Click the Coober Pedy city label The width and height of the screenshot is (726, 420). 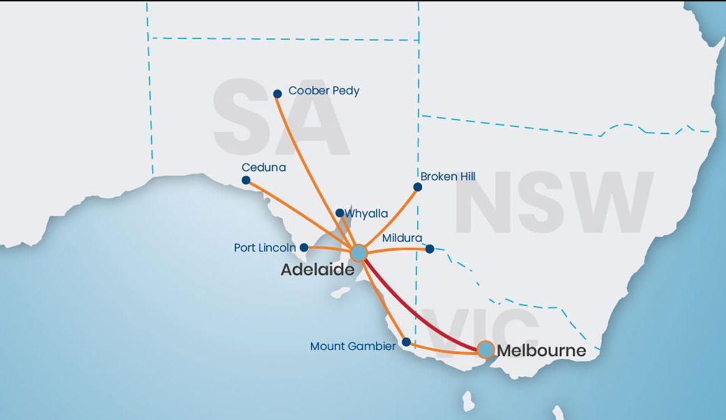323,90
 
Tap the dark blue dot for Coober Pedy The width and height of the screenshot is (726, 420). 278,94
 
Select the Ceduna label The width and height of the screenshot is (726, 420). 264,167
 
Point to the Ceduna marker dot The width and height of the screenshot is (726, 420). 246,180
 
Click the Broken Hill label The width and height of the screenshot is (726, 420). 448,176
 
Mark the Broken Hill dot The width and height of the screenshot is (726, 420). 417,187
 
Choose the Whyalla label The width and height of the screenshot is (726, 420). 366,213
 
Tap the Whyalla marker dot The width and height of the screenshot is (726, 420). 340,213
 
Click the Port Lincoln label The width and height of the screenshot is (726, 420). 265,247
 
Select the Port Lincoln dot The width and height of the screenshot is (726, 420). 304,247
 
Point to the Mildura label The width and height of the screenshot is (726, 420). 402,238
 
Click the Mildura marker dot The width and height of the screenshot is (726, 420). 429,249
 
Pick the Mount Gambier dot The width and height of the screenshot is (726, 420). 407,342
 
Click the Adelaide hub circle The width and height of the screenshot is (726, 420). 358,253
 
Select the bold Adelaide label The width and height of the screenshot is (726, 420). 317,271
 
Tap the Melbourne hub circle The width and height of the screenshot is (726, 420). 485,349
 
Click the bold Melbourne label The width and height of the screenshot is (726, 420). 541,351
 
